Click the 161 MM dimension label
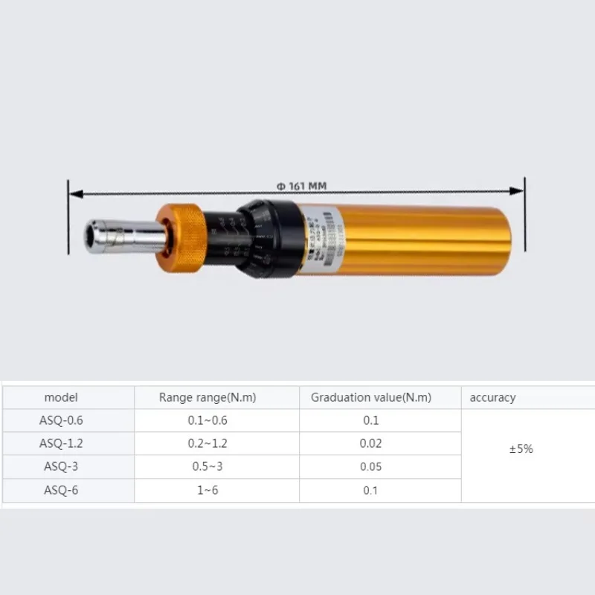click(302, 186)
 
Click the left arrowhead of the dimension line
click(73, 193)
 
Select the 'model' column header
click(61, 398)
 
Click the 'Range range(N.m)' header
click(208, 398)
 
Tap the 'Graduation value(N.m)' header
click(371, 398)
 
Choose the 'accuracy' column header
click(492, 398)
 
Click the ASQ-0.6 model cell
click(61, 420)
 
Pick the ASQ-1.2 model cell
click(61, 443)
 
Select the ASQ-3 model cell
click(61, 466)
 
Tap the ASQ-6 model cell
click(61, 490)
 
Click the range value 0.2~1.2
click(208, 443)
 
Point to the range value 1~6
click(208, 490)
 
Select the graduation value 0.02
click(371, 443)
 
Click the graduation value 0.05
click(371, 466)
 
